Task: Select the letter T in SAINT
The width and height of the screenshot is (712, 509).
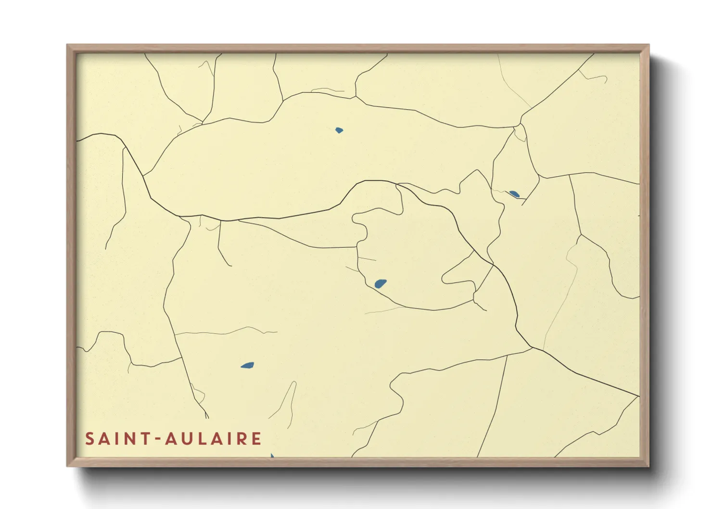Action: coord(145,439)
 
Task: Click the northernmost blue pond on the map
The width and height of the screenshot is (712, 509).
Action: coord(339,130)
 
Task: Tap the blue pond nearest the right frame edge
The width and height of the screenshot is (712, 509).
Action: coord(514,194)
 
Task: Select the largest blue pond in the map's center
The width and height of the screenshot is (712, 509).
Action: coord(381,283)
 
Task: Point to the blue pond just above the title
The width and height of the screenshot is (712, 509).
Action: coord(247,366)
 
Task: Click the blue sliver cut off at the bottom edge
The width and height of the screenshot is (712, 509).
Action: coord(272,455)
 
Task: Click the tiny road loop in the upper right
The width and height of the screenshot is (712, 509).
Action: coord(520,133)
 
